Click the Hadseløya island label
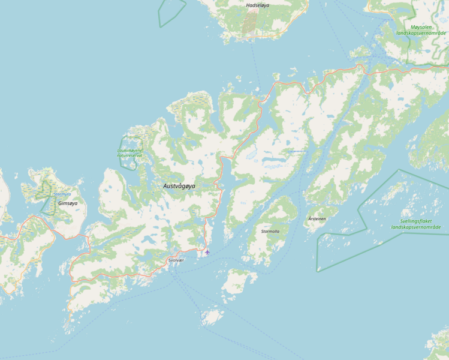(x=258, y=5)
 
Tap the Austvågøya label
(x=179, y=186)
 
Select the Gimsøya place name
(x=68, y=203)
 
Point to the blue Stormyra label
(x=62, y=194)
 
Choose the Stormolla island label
(x=272, y=231)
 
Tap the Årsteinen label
(x=317, y=219)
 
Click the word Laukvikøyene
(x=131, y=150)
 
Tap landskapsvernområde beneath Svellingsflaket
(x=415, y=227)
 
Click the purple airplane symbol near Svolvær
(x=207, y=252)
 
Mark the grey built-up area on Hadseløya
(x=249, y=23)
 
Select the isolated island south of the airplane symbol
(x=212, y=316)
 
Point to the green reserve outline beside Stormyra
(x=44, y=205)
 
